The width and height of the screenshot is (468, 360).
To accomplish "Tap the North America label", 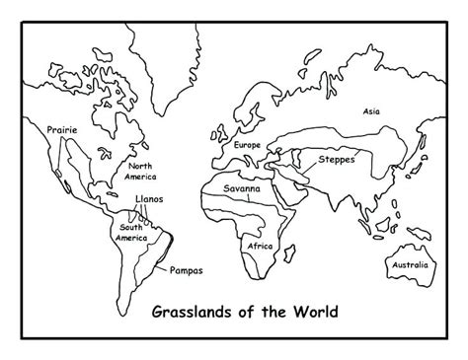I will point(137,172).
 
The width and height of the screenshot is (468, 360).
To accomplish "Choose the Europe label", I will point(247,145).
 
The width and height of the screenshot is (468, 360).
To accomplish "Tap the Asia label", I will point(371,111).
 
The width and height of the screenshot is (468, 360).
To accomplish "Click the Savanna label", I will point(241,186).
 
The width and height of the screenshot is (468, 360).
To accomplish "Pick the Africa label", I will point(260,246).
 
